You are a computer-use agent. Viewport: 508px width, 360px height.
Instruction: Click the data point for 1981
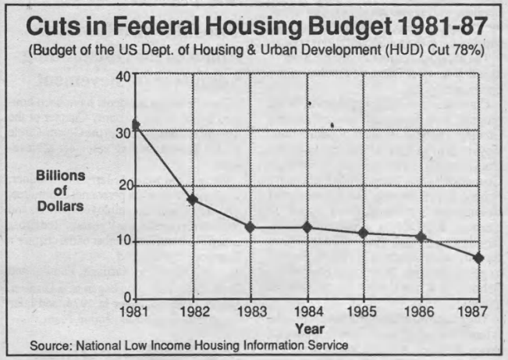[136, 125]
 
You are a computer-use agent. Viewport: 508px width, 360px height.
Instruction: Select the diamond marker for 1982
[193, 200]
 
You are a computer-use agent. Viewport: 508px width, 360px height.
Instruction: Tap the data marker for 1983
[250, 227]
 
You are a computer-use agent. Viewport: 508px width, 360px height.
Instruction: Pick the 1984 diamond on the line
[307, 227]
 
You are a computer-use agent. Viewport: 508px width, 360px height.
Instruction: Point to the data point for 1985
[364, 233]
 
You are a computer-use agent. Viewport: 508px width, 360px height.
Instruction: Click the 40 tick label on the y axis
[123, 76]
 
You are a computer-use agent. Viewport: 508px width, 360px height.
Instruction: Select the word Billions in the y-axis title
[62, 176]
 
